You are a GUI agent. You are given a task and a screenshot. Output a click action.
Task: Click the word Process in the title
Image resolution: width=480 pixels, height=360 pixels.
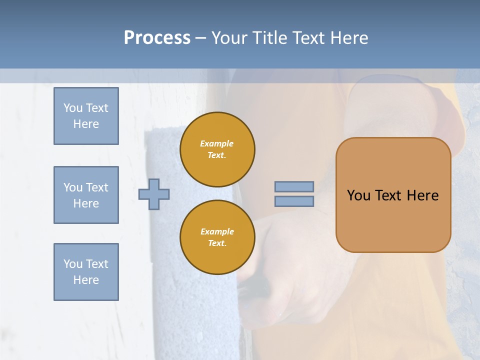click(157, 37)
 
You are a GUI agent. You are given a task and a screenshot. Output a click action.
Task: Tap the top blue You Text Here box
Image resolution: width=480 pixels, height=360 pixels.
click(86, 116)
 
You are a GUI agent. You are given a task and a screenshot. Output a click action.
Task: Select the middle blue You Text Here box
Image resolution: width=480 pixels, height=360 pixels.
click(86, 195)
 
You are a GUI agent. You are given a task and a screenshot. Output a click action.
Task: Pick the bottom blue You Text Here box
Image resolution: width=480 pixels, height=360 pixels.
click(86, 272)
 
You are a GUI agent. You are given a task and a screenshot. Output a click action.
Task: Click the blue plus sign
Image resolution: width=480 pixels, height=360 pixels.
click(154, 194)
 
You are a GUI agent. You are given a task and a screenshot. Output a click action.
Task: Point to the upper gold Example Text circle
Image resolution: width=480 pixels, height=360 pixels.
click(217, 149)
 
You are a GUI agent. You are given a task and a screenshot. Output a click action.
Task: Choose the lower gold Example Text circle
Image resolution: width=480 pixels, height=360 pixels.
click(217, 237)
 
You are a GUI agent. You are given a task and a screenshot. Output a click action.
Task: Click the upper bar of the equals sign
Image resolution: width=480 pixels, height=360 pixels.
click(294, 187)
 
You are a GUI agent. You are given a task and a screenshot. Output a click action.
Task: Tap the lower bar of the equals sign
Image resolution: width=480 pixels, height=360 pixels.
click(294, 201)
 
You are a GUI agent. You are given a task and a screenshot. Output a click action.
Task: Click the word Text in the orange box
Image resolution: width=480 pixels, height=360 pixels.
click(388, 195)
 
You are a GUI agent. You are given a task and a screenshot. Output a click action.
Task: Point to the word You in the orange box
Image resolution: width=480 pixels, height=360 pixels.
click(358, 195)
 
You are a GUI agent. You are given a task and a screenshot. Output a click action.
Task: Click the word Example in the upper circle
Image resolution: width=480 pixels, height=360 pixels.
click(217, 143)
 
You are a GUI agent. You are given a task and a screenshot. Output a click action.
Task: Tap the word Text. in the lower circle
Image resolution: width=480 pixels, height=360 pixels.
click(217, 243)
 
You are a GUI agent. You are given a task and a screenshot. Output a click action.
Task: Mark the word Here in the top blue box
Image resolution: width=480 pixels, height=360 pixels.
click(86, 124)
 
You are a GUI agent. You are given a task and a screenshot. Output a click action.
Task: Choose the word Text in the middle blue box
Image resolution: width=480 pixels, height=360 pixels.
click(96, 187)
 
